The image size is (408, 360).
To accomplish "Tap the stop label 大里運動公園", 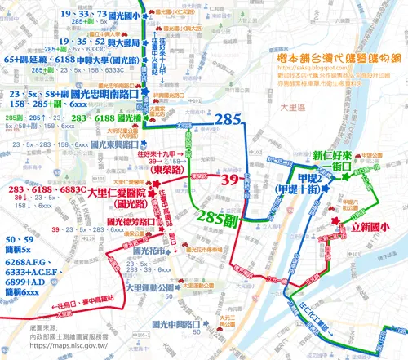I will pyautogui.click(x=149, y=288).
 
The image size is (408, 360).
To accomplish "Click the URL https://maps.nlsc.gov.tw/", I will pyautogui.click(x=56, y=348).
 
